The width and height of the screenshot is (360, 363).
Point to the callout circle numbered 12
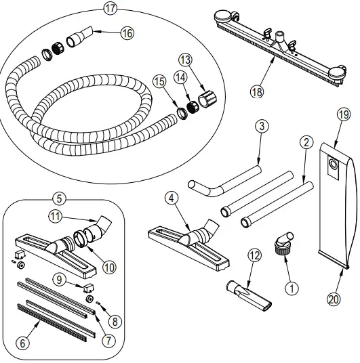(254, 255)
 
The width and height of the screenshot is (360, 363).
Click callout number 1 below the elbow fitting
(292, 287)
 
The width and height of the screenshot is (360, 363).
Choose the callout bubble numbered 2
(306, 142)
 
